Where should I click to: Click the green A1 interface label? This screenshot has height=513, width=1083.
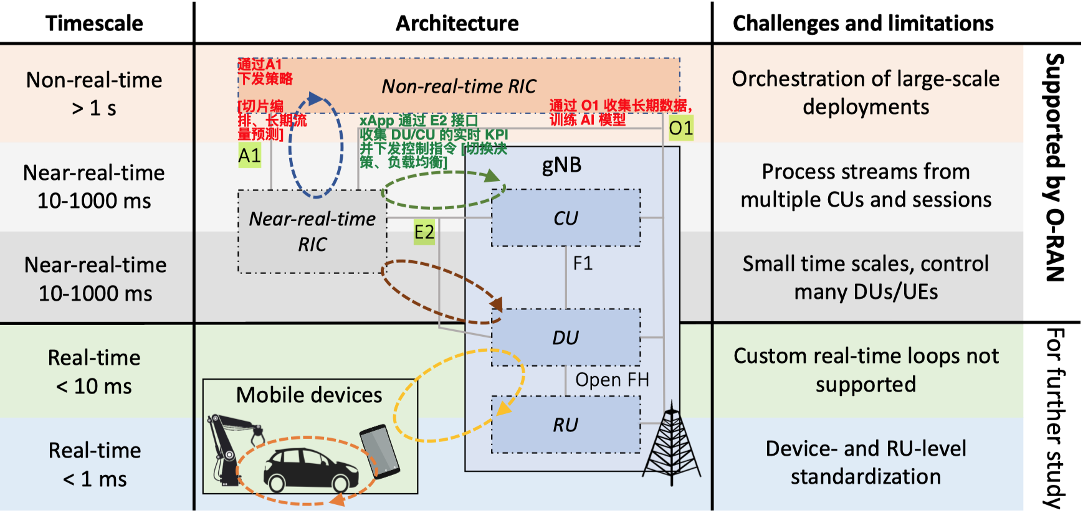249,155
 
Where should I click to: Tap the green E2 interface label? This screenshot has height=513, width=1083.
424,232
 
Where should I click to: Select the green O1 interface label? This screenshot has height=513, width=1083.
680,128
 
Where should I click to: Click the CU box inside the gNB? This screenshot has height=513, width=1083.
566,218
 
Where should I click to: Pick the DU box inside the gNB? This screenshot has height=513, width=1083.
566,337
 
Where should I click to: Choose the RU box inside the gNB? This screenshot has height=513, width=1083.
566,425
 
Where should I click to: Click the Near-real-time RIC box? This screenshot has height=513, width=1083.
312,232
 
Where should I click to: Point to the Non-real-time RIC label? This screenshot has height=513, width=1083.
459,86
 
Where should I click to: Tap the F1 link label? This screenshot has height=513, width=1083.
583,263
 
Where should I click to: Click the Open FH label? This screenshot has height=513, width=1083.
612,380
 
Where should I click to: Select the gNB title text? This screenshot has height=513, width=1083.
561,164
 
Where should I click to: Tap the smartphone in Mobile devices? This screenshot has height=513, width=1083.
379,450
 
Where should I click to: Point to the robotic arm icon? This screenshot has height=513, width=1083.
227,445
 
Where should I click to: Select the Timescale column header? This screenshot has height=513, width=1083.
94,23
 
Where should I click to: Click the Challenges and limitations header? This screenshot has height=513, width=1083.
863,23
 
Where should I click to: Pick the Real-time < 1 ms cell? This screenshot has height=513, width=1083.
95,464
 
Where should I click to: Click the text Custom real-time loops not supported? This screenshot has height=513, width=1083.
866,370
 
